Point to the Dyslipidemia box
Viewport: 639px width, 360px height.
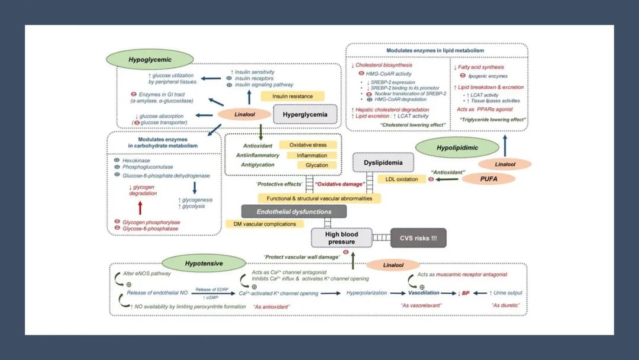pos(383,162)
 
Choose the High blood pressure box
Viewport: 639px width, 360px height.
pos(341,238)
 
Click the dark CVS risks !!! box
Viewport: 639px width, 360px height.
pos(418,238)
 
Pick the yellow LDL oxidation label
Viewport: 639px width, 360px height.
pos(402,179)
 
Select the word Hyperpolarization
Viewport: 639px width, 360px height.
pos(367,293)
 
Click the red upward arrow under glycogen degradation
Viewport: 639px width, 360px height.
pos(140,207)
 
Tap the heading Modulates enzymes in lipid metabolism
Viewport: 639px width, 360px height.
pos(435,50)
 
